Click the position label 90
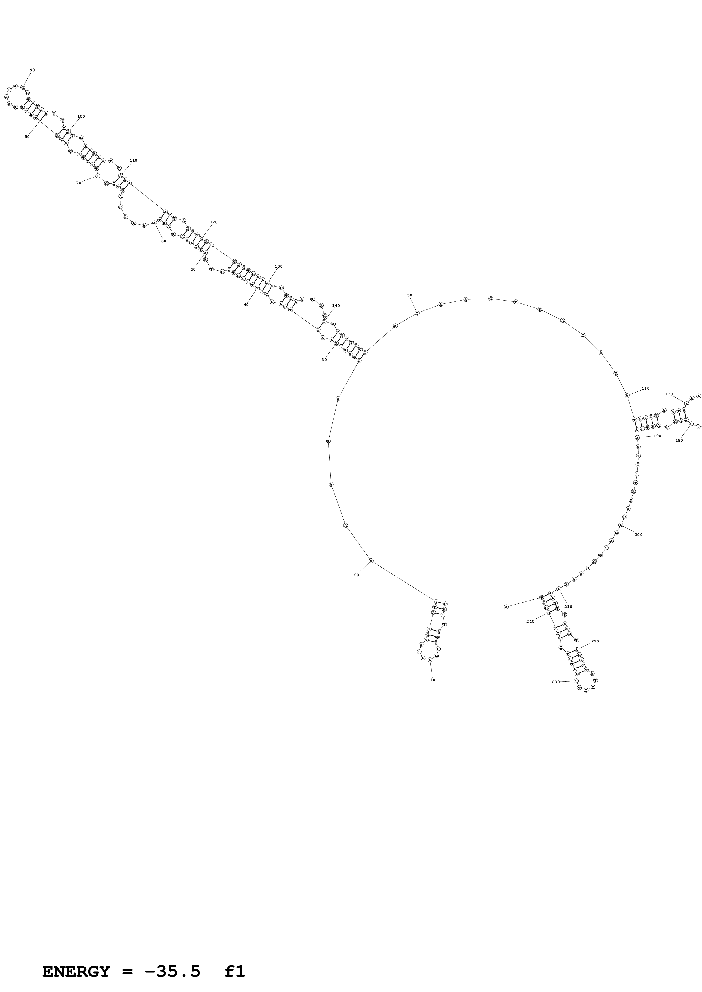(33, 70)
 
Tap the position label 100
(81, 116)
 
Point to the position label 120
(214, 222)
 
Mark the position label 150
(408, 295)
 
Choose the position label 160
(645, 389)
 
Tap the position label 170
(669, 394)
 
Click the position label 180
(679, 440)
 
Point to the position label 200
(638, 534)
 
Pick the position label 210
(568, 607)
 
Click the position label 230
(556, 682)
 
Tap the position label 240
(530, 621)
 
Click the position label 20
(357, 575)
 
